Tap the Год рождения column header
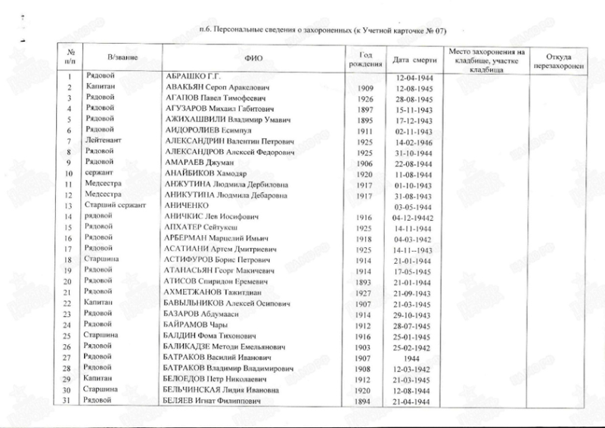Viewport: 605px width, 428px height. click(x=365, y=58)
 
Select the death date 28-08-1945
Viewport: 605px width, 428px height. click(x=414, y=100)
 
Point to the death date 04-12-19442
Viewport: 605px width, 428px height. click(x=415, y=216)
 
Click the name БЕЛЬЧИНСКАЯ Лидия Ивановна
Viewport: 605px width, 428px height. click(x=216, y=389)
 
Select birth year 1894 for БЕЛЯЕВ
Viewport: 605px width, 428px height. click(x=362, y=401)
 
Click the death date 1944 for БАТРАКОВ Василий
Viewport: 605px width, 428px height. click(x=412, y=357)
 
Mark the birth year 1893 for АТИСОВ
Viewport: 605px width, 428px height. click(x=362, y=281)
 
